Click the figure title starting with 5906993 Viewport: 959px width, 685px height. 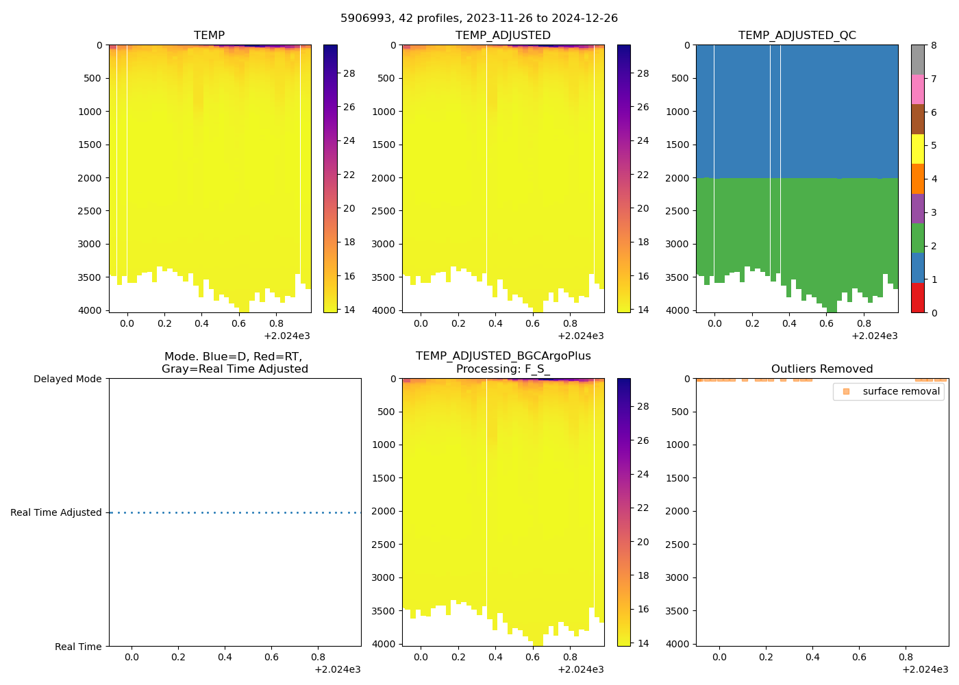point(479,18)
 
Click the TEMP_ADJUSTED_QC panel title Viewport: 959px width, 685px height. point(797,35)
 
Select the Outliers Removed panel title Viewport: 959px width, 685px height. point(821,369)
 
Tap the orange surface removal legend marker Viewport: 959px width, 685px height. point(846,391)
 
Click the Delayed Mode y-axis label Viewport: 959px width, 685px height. point(67,379)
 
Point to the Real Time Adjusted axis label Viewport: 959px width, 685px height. point(55,512)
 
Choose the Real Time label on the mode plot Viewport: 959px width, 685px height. point(78,647)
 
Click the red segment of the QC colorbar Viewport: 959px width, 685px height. point(917,298)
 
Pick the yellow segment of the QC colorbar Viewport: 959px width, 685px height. point(917,149)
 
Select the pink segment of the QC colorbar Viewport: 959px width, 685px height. point(917,89)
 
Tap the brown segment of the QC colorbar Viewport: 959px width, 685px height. point(917,119)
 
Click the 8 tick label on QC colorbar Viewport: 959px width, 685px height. point(934,45)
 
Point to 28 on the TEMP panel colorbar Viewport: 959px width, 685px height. point(349,73)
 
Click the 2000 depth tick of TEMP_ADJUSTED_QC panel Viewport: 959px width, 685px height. point(678,178)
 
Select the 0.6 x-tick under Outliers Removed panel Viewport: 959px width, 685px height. point(859,657)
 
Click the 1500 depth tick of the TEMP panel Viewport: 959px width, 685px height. point(90,145)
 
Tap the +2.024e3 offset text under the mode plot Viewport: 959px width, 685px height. point(337,669)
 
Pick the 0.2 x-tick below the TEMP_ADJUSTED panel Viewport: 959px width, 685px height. point(458,323)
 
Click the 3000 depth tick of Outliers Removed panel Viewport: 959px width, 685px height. point(678,577)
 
